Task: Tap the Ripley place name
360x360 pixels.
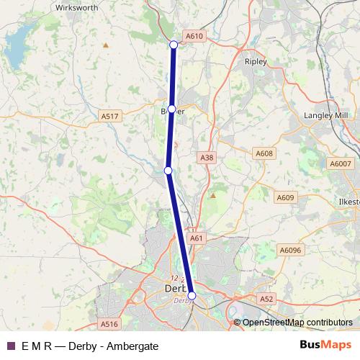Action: click(x=256, y=62)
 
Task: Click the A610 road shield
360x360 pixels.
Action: click(x=194, y=35)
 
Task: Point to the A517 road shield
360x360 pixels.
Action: click(x=109, y=116)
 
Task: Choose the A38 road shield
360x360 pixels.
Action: click(x=207, y=157)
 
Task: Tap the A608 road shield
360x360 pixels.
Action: click(x=264, y=153)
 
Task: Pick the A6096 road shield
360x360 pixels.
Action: click(x=289, y=250)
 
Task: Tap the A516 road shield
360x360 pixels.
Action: click(x=109, y=325)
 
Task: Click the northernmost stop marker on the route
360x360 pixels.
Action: click(x=174, y=45)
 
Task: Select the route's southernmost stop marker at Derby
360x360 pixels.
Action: click(x=192, y=295)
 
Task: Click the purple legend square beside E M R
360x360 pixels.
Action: click(x=10, y=346)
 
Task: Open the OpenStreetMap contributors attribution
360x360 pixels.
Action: click(x=297, y=323)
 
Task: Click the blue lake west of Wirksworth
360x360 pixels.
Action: click(x=14, y=50)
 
